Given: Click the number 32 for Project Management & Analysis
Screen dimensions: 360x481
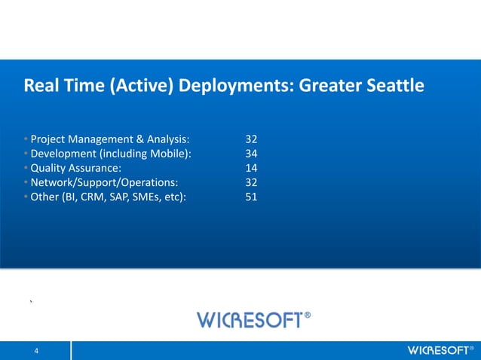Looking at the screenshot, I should tap(252, 139).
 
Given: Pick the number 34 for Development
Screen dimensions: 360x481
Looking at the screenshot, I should tap(252, 154).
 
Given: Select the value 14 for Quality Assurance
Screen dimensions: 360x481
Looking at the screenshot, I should tap(252, 168).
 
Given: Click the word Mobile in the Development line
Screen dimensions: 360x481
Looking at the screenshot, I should tap(170, 154).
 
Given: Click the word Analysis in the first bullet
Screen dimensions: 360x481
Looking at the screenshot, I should tap(166, 139).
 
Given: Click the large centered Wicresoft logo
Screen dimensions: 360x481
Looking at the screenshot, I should tap(249, 320).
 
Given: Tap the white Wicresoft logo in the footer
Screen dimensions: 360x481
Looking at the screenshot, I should tap(437, 351).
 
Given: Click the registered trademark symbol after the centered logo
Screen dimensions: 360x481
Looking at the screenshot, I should tap(307, 315).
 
